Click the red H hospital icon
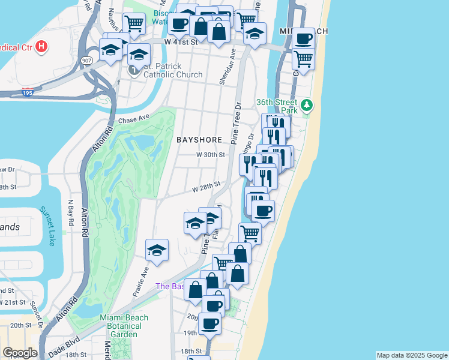(x=41, y=46)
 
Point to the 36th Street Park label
(x=277, y=106)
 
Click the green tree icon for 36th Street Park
(x=307, y=106)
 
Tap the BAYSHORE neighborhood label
(x=199, y=140)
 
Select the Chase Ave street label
(x=133, y=120)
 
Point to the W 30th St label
(x=211, y=154)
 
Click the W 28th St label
(x=206, y=188)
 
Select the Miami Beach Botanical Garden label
(x=121, y=326)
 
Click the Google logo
(x=19, y=353)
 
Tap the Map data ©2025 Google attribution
(x=411, y=355)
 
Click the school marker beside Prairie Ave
(x=157, y=250)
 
